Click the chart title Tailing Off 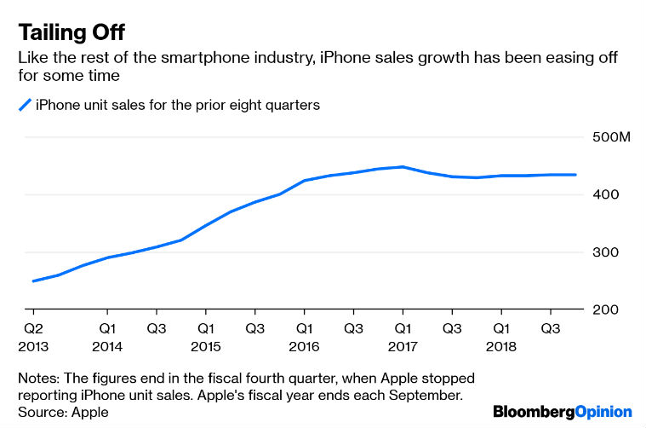coord(71,33)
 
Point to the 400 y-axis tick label coord(603,195)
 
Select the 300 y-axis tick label coord(603,252)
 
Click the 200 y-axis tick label coord(603,310)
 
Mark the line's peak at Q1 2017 coord(403,167)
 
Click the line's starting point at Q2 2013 coord(33,281)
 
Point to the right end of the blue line coord(576,175)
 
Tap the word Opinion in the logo coord(601,411)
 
